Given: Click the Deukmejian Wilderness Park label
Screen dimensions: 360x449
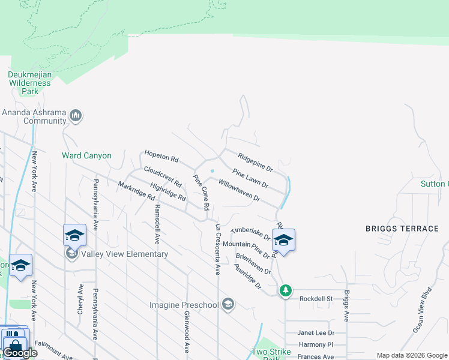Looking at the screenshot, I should (30, 83).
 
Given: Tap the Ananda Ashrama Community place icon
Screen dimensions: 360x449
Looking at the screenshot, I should (76, 115).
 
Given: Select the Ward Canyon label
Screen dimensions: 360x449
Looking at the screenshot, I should (86, 155).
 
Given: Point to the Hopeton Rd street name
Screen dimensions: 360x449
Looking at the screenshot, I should (161, 157).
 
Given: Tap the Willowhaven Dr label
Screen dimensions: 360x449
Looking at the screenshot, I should (239, 190).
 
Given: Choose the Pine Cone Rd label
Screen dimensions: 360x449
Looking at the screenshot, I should (200, 192).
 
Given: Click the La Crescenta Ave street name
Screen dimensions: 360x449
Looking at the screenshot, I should (218, 250).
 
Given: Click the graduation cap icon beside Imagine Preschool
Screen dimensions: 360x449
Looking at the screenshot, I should (228, 305).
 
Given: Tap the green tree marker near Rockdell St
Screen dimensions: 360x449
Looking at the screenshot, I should (286, 290).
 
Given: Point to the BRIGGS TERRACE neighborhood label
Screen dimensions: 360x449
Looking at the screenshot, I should (402, 229).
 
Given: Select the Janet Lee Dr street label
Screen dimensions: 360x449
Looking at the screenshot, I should (316, 332).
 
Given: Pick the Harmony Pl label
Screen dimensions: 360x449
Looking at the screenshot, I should (316, 344).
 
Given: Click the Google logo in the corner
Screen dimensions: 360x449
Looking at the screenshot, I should (20, 353).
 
